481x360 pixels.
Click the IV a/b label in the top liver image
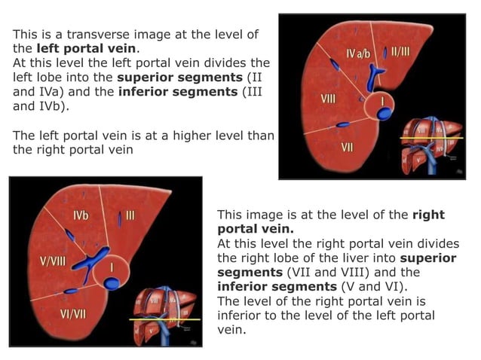359,54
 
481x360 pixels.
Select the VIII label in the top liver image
329,99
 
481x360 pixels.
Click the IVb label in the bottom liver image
81,215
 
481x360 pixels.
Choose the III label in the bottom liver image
130,215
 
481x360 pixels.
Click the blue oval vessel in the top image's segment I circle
385,113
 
